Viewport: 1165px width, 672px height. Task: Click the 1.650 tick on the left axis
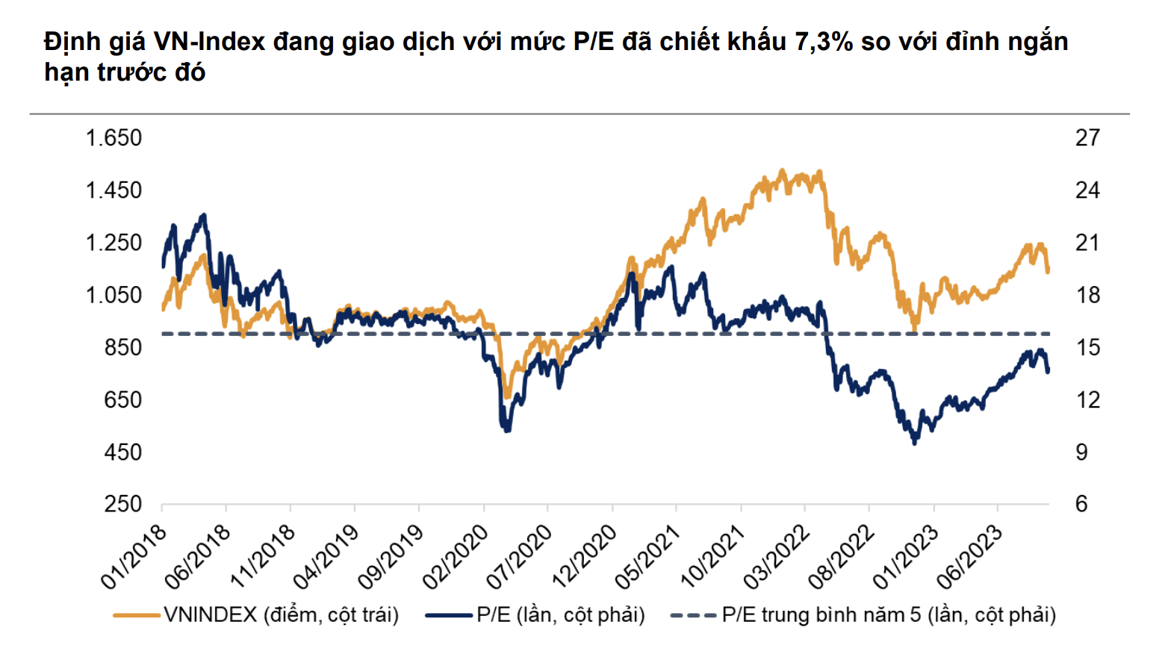(x=114, y=138)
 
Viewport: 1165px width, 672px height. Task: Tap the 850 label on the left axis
(x=122, y=347)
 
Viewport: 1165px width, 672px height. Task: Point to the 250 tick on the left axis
(x=122, y=504)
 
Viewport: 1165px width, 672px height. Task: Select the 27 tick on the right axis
(x=1087, y=138)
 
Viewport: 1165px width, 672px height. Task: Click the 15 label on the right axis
(x=1087, y=347)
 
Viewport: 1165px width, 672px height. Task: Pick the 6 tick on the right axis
(x=1081, y=504)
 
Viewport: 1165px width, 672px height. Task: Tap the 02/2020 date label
(x=456, y=556)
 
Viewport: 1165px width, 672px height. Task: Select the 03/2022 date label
(x=777, y=556)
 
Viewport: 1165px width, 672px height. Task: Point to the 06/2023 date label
(x=970, y=556)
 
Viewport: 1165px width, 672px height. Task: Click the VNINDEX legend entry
(x=281, y=615)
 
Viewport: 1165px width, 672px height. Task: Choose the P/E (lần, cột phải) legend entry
(x=560, y=615)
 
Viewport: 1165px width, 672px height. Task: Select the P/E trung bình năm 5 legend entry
(x=889, y=615)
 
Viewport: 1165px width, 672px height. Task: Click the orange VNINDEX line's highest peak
(x=782, y=171)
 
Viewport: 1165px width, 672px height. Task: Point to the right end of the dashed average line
(x=1048, y=334)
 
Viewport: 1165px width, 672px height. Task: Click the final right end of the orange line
(x=1048, y=270)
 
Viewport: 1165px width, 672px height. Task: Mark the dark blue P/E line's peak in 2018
(x=203, y=216)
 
